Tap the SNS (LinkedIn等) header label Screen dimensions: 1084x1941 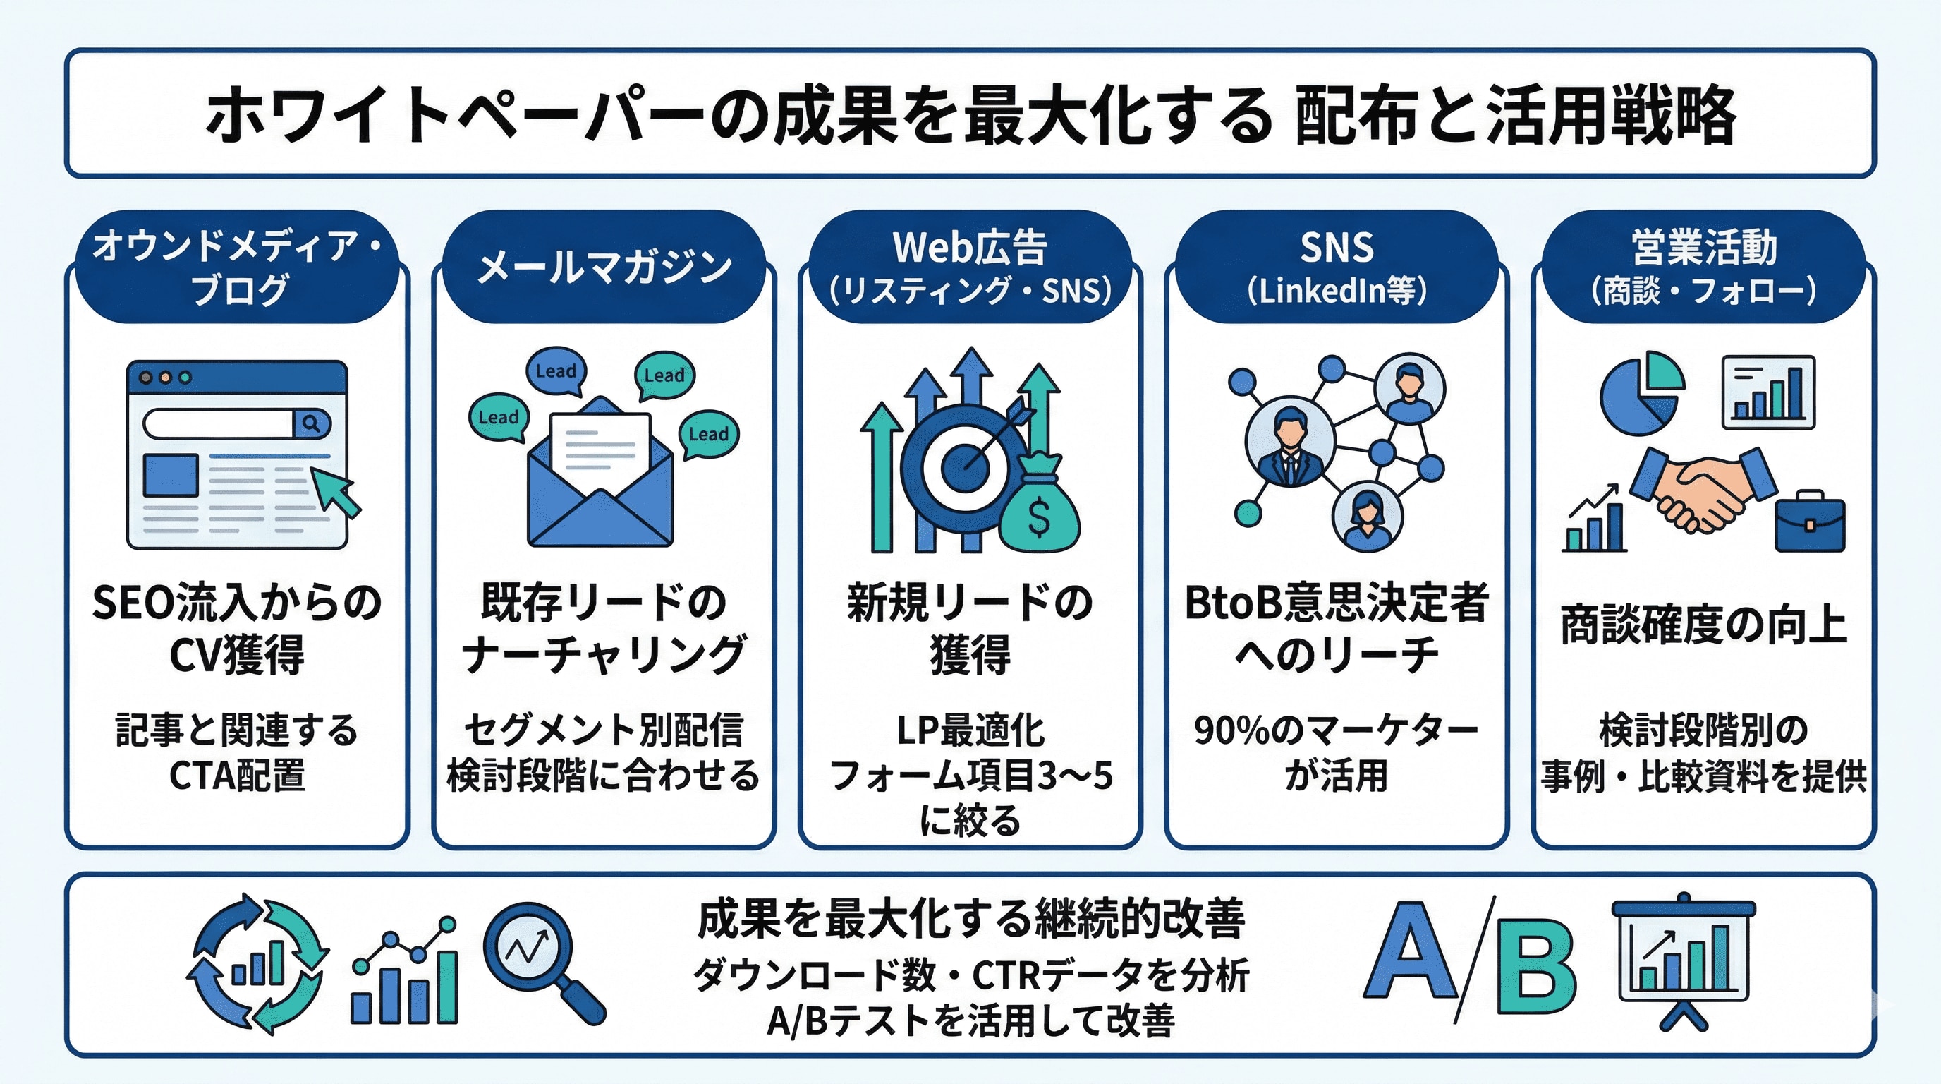point(1336,267)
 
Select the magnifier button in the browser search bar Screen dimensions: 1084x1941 point(311,423)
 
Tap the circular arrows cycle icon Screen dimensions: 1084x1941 point(257,963)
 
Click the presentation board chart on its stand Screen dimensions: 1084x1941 point(1684,958)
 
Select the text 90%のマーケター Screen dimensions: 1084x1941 point(1336,730)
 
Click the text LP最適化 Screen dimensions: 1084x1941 point(970,730)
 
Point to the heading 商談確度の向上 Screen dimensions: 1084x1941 point(1703,626)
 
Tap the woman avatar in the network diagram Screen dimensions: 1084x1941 point(1366,517)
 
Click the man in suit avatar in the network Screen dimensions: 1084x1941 point(1290,445)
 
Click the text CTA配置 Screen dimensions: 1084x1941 point(238,775)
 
